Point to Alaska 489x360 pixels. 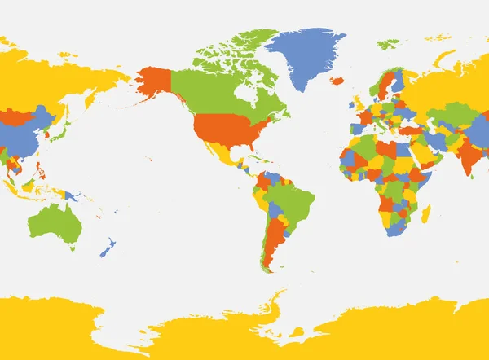point(154,81)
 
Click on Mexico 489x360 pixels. point(224,155)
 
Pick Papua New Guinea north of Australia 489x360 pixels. point(74,196)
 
